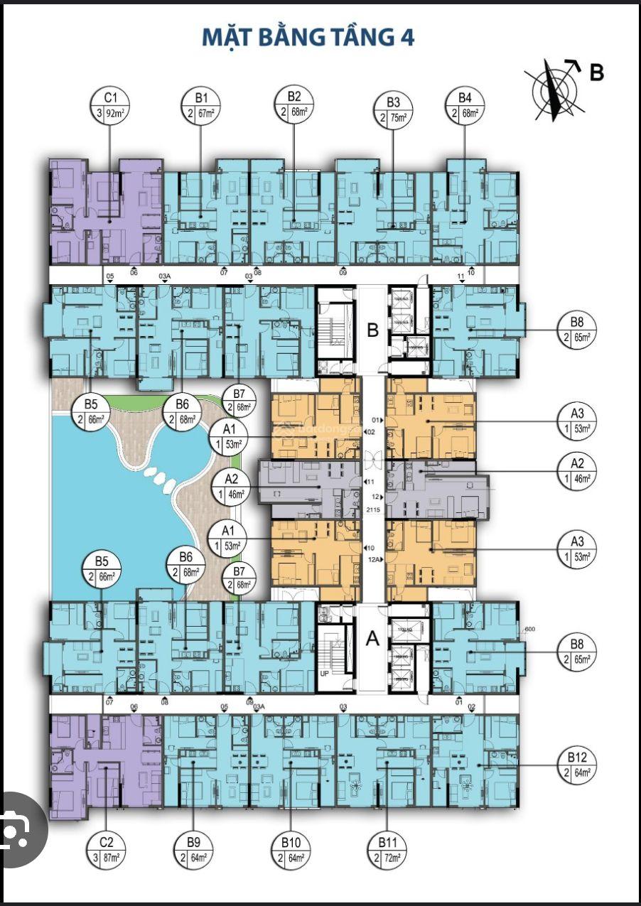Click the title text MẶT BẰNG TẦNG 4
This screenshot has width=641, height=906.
tap(308, 37)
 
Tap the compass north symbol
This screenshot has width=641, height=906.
tap(554, 89)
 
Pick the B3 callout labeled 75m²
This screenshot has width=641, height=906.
tap(393, 110)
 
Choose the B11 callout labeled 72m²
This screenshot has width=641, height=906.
tap(387, 851)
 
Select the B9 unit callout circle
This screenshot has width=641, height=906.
tap(193, 851)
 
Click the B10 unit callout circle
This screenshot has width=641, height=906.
tap(291, 851)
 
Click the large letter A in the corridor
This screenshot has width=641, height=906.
tap(372, 639)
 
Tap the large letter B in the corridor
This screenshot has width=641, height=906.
tap(372, 330)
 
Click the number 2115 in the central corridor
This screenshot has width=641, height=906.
tap(372, 510)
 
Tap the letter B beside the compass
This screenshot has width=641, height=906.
tap(596, 72)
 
